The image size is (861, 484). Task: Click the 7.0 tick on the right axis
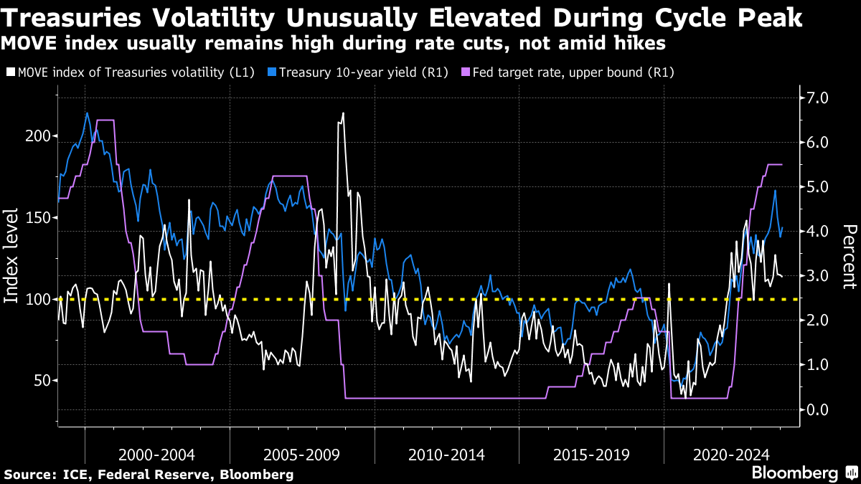pyautogui.click(x=818, y=98)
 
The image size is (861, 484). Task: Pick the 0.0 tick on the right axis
pyautogui.click(x=818, y=409)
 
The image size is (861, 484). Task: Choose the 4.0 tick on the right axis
pyautogui.click(x=818, y=232)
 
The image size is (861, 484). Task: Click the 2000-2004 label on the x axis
pyautogui.click(x=157, y=455)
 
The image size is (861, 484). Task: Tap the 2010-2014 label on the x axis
pyautogui.click(x=446, y=455)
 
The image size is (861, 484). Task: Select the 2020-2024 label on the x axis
pyautogui.click(x=735, y=455)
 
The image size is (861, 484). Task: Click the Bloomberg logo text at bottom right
pyautogui.click(x=794, y=473)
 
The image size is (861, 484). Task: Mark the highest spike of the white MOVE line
pyautogui.click(x=343, y=113)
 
